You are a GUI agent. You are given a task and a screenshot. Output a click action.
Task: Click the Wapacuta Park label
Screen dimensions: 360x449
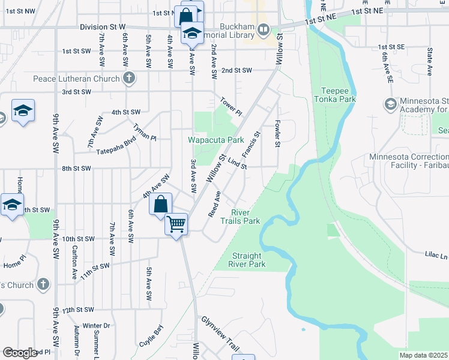pos(216,140)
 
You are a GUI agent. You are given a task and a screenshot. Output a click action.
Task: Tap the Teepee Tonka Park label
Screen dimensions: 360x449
pos(335,95)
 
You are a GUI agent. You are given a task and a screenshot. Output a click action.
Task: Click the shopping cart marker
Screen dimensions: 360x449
pos(176,224)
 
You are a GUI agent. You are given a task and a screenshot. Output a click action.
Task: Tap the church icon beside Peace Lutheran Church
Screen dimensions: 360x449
pos(128,78)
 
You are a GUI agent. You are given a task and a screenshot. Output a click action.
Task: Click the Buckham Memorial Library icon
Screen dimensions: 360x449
pos(263,29)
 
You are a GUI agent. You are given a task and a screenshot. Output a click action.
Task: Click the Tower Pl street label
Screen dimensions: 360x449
pos(231,107)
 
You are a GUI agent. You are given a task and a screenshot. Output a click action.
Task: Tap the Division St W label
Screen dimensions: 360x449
pos(103,27)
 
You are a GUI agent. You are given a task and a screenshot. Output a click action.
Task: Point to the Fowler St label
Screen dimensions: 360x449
pos(278,134)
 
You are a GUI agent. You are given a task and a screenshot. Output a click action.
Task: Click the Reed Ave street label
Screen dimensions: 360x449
pos(214,204)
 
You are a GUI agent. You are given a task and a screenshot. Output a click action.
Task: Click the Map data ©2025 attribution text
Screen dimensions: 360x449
pos(423,355)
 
